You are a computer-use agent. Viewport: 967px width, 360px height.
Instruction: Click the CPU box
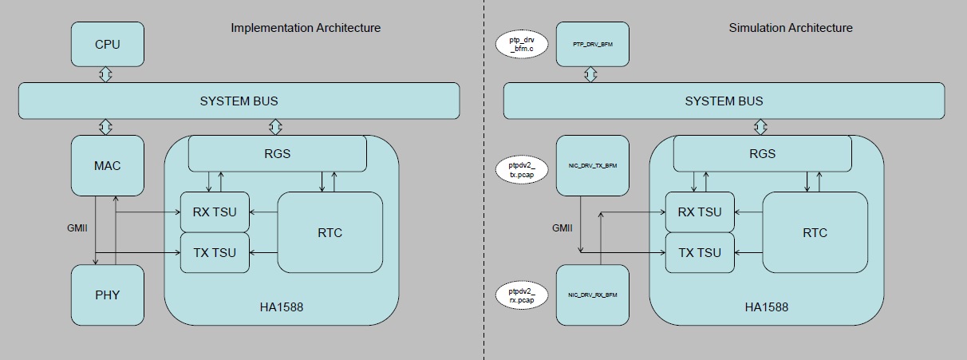coord(108,44)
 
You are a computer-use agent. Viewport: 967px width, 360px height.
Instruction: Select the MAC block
coord(108,166)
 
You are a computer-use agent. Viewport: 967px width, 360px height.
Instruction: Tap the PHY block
coord(108,295)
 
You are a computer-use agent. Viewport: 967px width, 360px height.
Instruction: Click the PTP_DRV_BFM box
coord(592,44)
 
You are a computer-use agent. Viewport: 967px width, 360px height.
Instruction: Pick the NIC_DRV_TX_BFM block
coord(592,166)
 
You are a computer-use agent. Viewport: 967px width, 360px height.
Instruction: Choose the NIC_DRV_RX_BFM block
coord(592,295)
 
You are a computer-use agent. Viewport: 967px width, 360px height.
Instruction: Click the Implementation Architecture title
coord(306,28)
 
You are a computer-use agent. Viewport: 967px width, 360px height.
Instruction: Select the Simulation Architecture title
coord(790,28)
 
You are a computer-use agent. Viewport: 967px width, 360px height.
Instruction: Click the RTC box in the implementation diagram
coord(330,232)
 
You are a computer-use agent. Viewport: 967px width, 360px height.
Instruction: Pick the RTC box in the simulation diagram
coord(815,232)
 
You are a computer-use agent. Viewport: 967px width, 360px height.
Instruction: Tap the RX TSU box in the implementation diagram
coord(215,212)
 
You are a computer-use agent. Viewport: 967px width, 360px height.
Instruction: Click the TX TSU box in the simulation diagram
coord(700,252)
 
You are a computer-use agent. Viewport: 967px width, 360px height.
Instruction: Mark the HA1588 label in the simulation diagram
coord(766,307)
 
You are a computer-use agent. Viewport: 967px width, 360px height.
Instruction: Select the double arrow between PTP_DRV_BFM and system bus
coord(591,74)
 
